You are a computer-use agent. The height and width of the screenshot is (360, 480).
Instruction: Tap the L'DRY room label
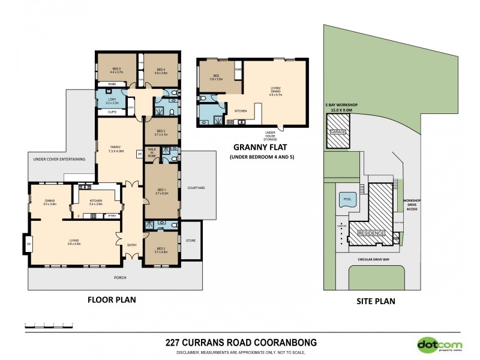[113, 100]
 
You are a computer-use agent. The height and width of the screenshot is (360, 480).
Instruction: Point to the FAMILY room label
[115, 148]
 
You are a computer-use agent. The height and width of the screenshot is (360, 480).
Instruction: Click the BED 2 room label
[161, 250]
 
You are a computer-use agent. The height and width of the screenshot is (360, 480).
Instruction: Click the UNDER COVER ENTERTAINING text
[58, 158]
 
